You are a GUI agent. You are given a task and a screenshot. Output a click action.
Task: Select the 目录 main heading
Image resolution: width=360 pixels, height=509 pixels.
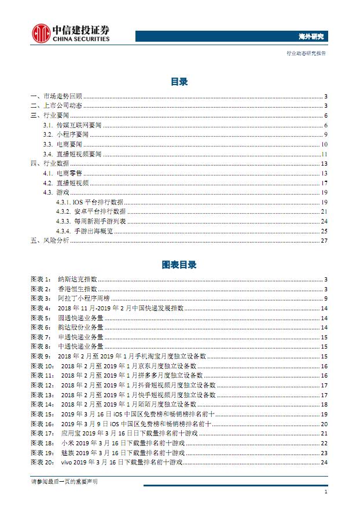179,82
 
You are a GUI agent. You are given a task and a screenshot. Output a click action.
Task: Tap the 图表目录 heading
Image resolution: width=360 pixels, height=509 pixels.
179,265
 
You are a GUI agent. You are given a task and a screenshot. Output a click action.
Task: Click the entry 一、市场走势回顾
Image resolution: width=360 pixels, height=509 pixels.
57,97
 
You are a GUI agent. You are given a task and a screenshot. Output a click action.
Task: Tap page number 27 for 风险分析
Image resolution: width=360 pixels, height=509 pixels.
325,240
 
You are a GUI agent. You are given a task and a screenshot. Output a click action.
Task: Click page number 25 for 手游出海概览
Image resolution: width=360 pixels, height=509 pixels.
325,230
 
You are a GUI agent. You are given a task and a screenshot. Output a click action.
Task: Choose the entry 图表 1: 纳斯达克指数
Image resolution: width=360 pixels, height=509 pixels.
64,279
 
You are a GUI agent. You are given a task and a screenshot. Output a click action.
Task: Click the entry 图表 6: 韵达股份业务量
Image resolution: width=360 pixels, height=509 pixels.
67,327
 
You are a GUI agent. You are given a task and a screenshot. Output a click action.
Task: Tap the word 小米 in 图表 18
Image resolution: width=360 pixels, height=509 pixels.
66,443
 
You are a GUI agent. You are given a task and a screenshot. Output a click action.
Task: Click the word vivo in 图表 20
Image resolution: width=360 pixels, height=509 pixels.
65,462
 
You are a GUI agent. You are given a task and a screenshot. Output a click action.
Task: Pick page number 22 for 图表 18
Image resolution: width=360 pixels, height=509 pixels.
325,443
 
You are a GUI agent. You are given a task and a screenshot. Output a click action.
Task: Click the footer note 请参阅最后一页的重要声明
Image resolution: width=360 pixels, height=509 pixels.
64,482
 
